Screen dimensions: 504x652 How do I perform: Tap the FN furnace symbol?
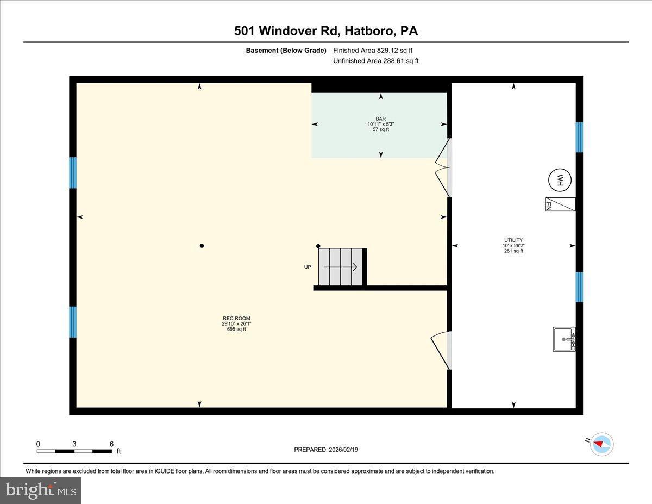pyautogui.click(x=560, y=204)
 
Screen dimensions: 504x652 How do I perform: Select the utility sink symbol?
pyautogui.click(x=564, y=339)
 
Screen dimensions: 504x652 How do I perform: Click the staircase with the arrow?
pyautogui.click(x=341, y=267)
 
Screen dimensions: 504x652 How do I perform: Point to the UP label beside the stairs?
pyautogui.click(x=308, y=267)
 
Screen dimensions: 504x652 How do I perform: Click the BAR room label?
pyautogui.click(x=380, y=119)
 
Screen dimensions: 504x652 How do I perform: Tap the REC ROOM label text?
pyautogui.click(x=236, y=319)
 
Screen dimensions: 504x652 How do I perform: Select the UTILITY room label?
pyautogui.click(x=513, y=240)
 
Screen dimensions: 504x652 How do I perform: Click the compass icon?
pyautogui.click(x=601, y=444)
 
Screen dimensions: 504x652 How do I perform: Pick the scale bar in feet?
pyautogui.click(x=74, y=451)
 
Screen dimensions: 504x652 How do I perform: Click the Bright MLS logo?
pyautogui.click(x=41, y=490)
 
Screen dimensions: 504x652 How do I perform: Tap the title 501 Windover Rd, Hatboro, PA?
pyautogui.click(x=326, y=31)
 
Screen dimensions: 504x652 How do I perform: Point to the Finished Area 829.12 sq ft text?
pyautogui.click(x=376, y=51)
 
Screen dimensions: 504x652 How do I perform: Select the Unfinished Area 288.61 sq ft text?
pyautogui.click(x=376, y=61)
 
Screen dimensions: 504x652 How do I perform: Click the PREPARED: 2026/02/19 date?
pyautogui.click(x=326, y=450)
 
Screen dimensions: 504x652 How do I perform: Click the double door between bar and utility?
pyautogui.click(x=444, y=167)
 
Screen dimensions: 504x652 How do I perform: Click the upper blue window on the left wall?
pyautogui.click(x=73, y=172)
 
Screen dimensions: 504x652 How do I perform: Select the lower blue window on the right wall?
pyautogui.click(x=579, y=287)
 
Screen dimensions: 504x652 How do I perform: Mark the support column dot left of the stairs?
pyautogui.click(x=202, y=246)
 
